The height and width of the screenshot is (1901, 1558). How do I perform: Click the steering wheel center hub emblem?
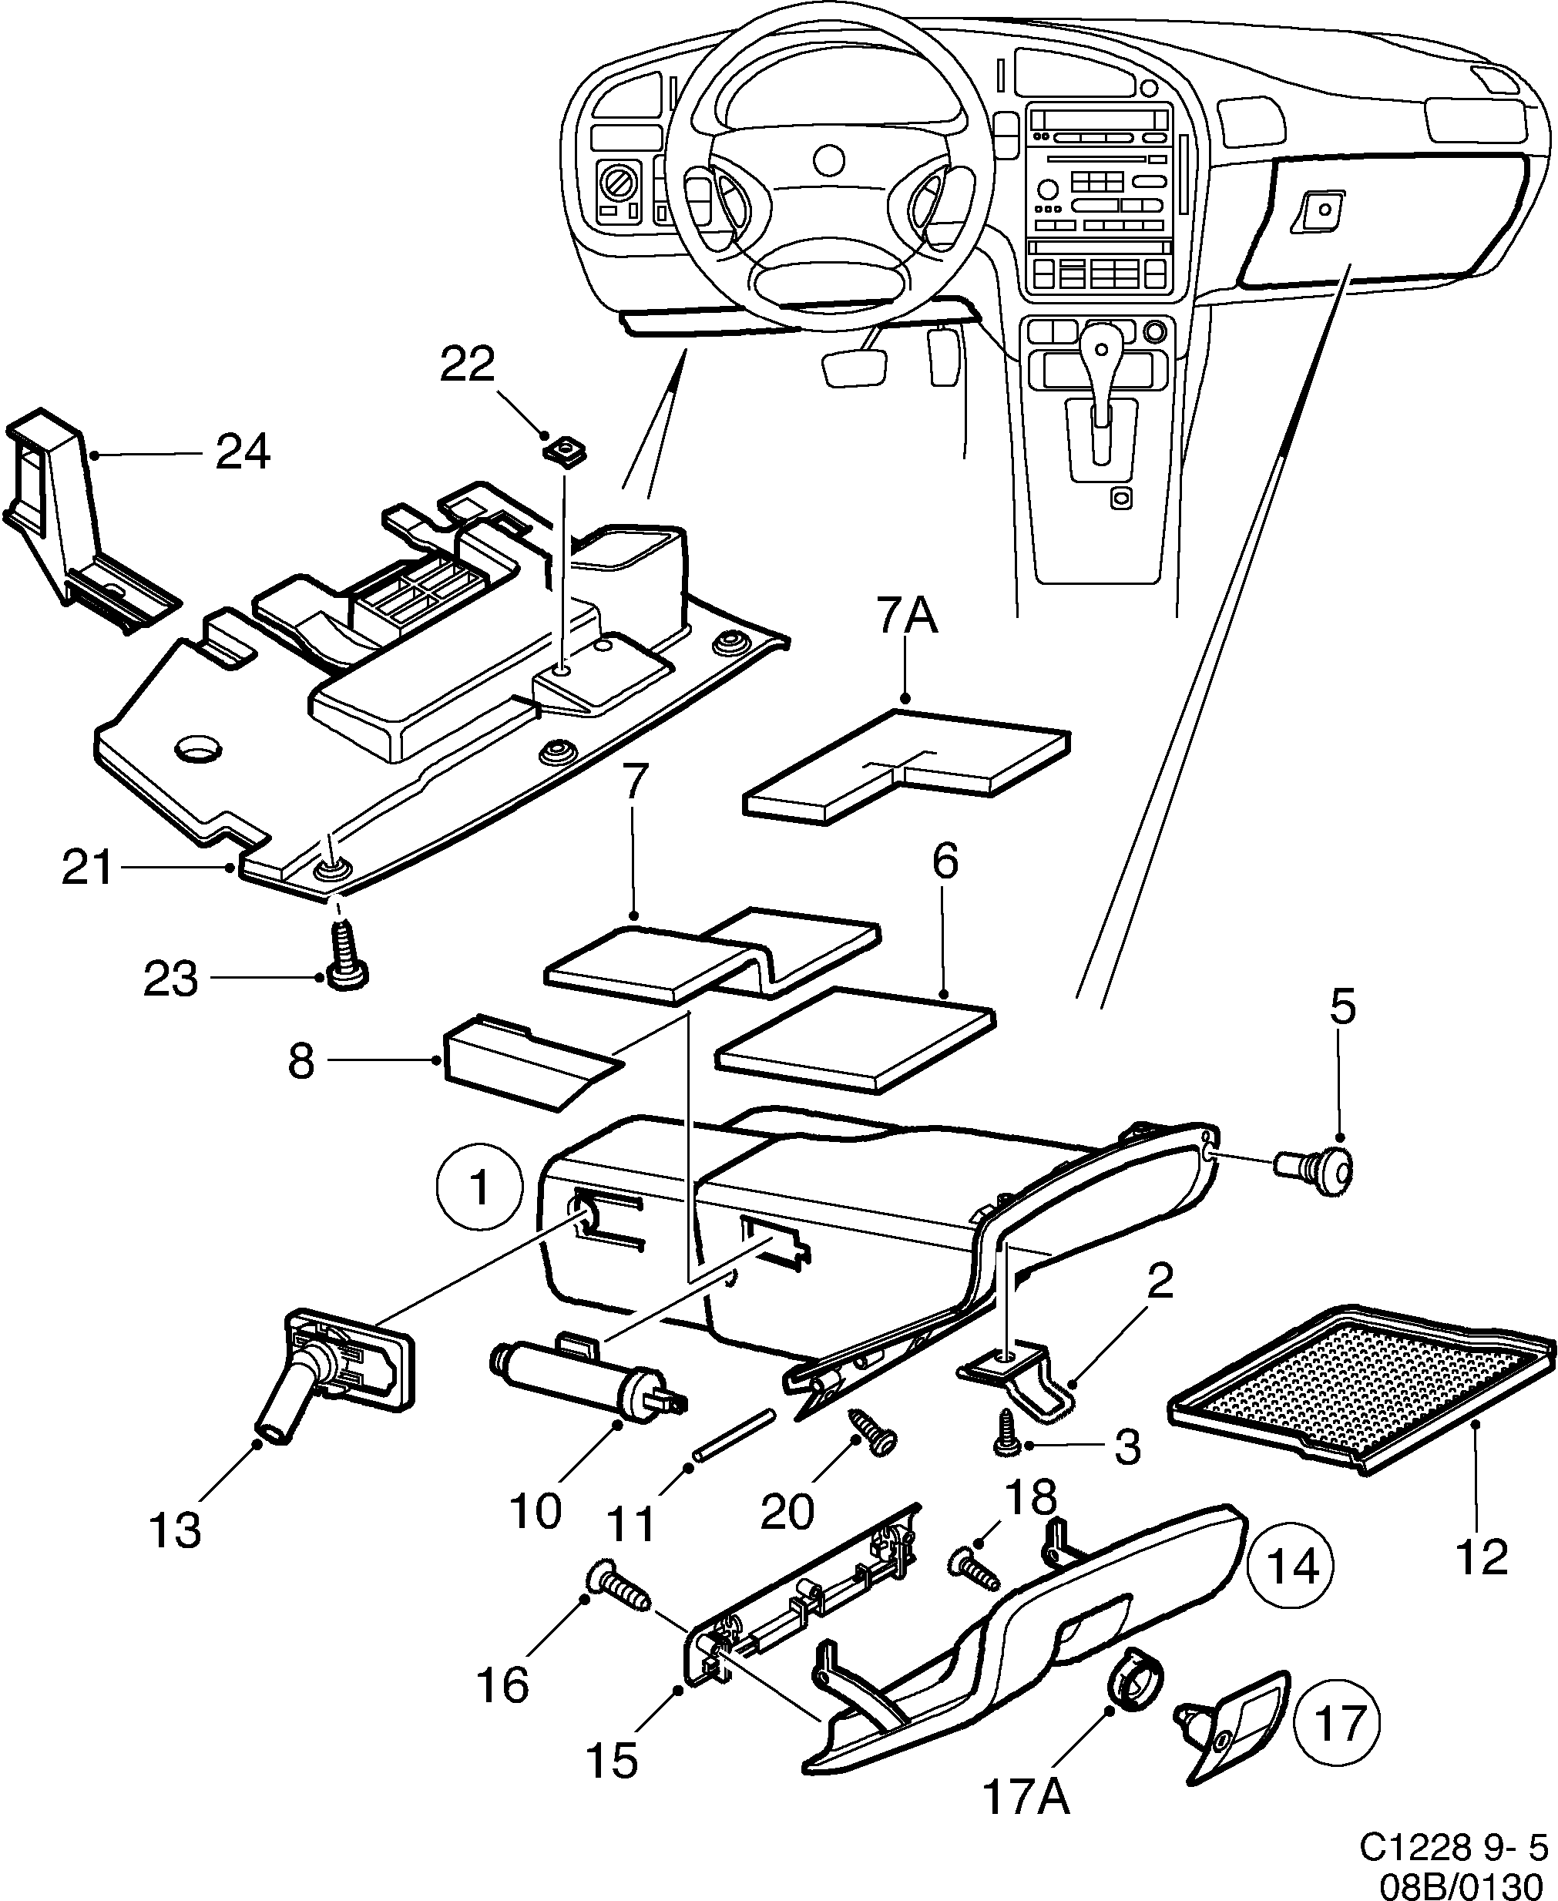828,160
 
